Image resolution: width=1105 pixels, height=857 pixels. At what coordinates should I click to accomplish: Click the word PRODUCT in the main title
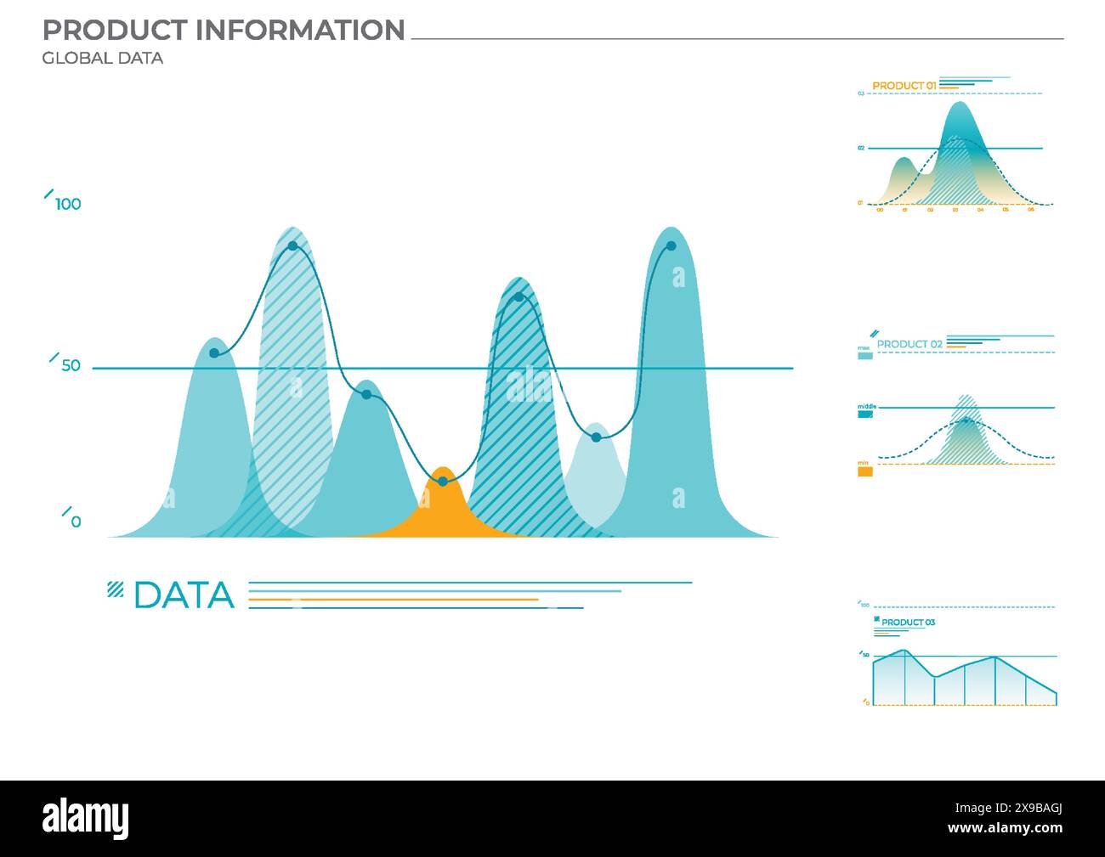pyautogui.click(x=116, y=31)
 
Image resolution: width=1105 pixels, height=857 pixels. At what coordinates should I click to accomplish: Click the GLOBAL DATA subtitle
pyautogui.click(x=102, y=59)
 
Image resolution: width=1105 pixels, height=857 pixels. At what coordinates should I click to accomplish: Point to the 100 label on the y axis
pyautogui.click(x=68, y=204)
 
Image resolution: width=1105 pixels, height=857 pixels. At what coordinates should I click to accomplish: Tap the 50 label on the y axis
pyautogui.click(x=71, y=366)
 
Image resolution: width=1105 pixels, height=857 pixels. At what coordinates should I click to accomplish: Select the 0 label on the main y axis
pyautogui.click(x=76, y=522)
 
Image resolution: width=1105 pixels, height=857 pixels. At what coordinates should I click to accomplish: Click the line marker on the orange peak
pyautogui.click(x=442, y=482)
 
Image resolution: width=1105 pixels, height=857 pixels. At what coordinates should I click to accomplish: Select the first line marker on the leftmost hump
pyautogui.click(x=214, y=353)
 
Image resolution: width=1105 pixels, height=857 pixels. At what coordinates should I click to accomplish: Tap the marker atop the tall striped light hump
pyautogui.click(x=292, y=246)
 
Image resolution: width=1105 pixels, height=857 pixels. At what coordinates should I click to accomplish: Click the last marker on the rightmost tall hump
pyautogui.click(x=671, y=246)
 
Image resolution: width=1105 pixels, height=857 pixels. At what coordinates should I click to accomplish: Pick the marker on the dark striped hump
pyautogui.click(x=518, y=297)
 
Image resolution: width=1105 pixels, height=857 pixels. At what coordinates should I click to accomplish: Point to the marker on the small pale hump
pyautogui.click(x=596, y=437)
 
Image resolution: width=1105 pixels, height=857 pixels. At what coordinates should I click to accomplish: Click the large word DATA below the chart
pyautogui.click(x=184, y=595)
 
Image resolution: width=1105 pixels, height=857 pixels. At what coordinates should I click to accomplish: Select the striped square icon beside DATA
pyautogui.click(x=115, y=589)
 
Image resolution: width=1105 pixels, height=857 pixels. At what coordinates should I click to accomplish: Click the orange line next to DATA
pyautogui.click(x=393, y=600)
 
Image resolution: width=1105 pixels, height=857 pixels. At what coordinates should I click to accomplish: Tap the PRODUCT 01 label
pyautogui.click(x=904, y=86)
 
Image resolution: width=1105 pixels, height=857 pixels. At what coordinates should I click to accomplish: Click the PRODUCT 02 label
pyautogui.click(x=909, y=344)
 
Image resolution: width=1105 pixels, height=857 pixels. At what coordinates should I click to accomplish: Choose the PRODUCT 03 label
pyautogui.click(x=908, y=623)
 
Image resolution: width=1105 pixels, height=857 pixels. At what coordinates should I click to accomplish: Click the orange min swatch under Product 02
pyautogui.click(x=864, y=471)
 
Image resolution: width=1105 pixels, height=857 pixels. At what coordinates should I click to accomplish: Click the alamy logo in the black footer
pyautogui.click(x=86, y=819)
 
